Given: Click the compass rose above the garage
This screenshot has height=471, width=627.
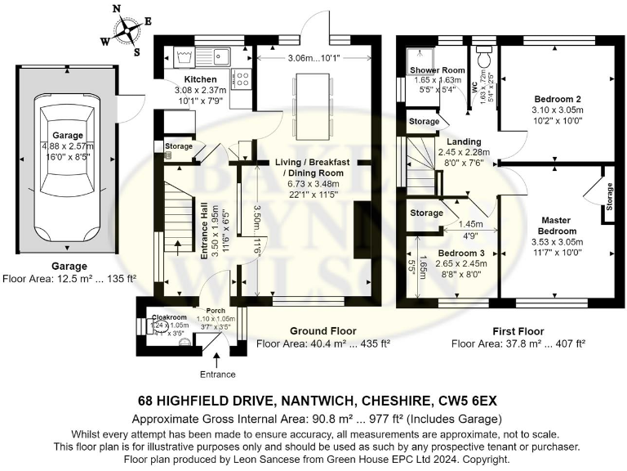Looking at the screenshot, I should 127,31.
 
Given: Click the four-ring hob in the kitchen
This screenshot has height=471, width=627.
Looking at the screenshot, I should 242,78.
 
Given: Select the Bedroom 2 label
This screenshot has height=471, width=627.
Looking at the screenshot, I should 549,97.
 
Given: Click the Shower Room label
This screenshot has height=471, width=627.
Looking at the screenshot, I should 437,70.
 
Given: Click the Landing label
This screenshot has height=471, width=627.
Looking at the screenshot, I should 452,141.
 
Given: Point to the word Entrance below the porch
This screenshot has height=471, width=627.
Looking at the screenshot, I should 216,375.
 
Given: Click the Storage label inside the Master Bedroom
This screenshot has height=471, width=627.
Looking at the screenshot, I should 608,195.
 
